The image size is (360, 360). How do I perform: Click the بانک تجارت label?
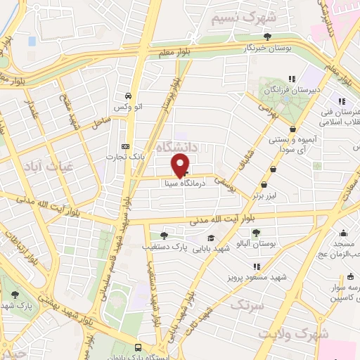click(129, 156)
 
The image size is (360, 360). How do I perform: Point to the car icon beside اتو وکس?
click(127, 96)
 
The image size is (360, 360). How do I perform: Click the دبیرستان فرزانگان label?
click(288, 91)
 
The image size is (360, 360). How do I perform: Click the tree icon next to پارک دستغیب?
click(164, 236)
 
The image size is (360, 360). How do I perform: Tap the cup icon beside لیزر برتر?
click(274, 168)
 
